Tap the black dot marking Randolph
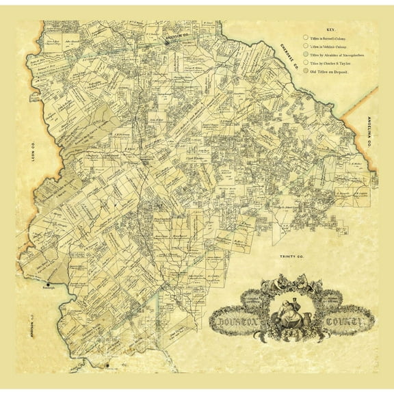coord(49,283)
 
